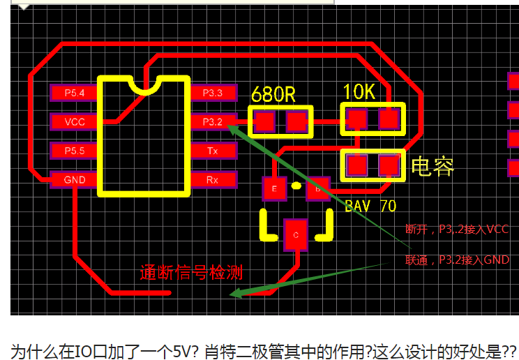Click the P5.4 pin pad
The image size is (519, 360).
coord(74,93)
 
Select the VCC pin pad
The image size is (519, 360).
coord(74,122)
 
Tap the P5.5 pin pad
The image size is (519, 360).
coord(74,151)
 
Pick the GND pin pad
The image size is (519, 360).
coord(74,180)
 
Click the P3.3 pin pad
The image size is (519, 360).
coord(212,93)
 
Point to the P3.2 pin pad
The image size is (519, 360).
coord(212,122)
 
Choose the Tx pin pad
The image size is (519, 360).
coord(212,151)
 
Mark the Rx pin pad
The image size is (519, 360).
coord(212,180)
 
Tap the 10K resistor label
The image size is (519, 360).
coord(360,91)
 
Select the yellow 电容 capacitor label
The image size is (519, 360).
coord(433,166)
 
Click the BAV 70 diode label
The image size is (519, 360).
coord(370,207)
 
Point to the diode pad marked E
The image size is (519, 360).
coord(274,188)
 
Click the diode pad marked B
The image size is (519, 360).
coord(318,188)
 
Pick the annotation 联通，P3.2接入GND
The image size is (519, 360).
coord(457,260)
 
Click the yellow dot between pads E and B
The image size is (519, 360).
coord(296,186)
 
